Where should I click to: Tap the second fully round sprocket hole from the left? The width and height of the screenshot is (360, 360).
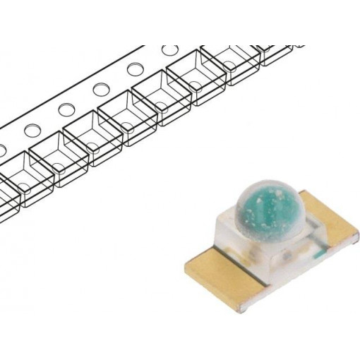point(66,110)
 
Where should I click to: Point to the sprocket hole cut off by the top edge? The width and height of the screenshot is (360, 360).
point(169,50)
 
